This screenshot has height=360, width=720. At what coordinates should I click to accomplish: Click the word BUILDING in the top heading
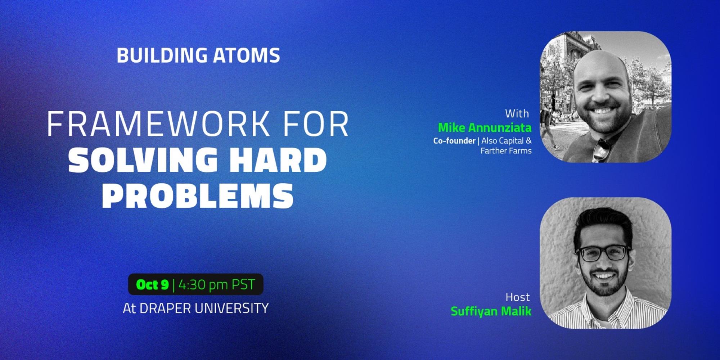point(162,55)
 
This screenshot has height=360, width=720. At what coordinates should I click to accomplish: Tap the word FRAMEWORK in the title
point(158,124)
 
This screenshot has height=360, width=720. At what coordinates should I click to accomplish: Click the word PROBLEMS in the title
point(198,196)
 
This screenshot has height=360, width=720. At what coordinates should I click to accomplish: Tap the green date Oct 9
point(152,285)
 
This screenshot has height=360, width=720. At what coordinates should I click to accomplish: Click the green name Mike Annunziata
point(485,128)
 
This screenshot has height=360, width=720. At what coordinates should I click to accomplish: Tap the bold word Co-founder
point(454,141)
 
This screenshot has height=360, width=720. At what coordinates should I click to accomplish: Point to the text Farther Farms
point(506,151)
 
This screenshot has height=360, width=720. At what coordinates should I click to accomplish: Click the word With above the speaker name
point(517,114)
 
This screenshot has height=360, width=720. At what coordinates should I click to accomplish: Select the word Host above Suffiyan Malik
point(517,297)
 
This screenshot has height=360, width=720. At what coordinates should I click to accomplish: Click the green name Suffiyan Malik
point(491,311)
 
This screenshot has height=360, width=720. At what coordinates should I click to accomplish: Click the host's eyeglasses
point(604,253)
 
